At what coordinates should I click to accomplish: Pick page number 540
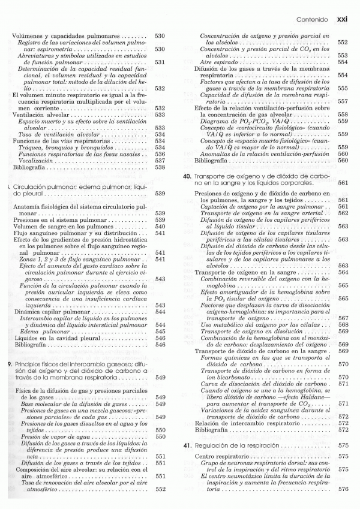tap(160, 227)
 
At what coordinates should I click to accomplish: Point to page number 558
tap(343, 114)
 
